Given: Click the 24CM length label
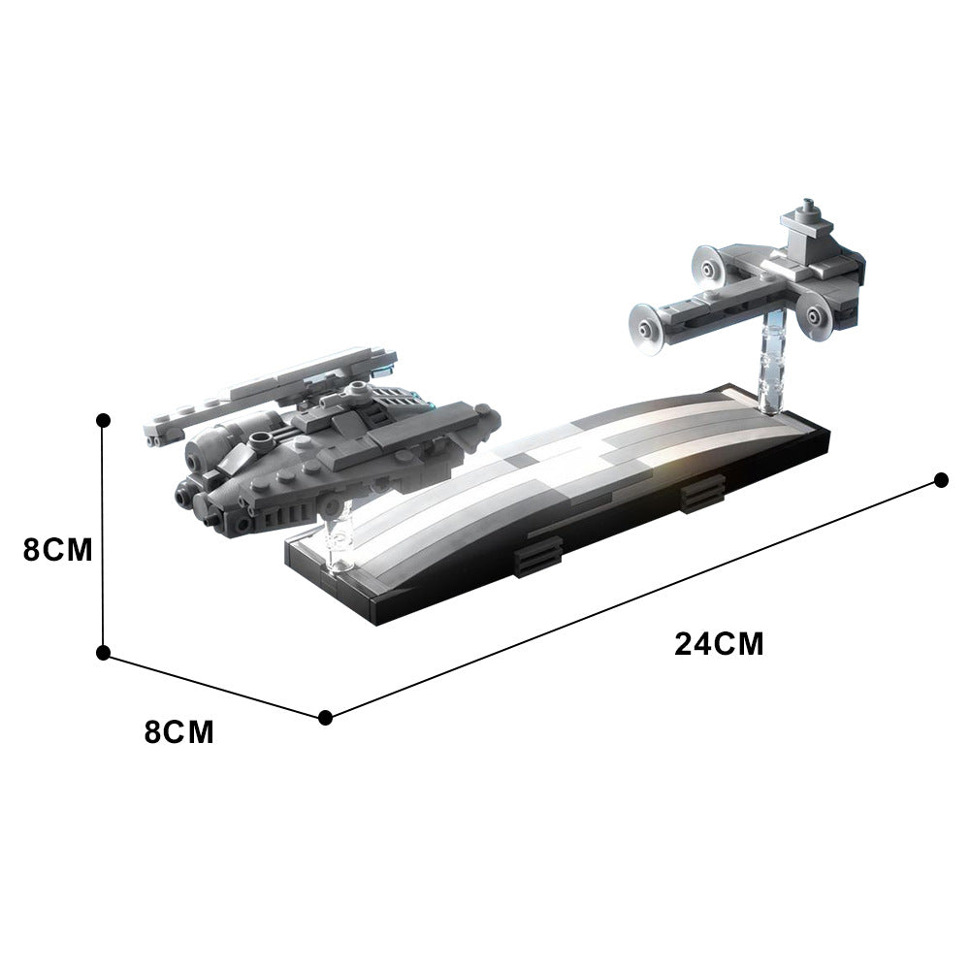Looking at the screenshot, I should point(720,644).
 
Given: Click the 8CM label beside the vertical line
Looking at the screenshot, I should point(57,550).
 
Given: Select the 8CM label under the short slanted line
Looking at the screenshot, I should point(179,731).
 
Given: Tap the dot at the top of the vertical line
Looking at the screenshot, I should point(104,419).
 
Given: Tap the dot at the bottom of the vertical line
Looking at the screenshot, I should point(104,654).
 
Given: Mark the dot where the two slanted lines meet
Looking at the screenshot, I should point(326,717).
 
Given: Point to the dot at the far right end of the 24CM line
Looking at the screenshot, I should point(940,480).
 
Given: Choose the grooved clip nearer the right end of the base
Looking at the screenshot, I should point(698,496).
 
